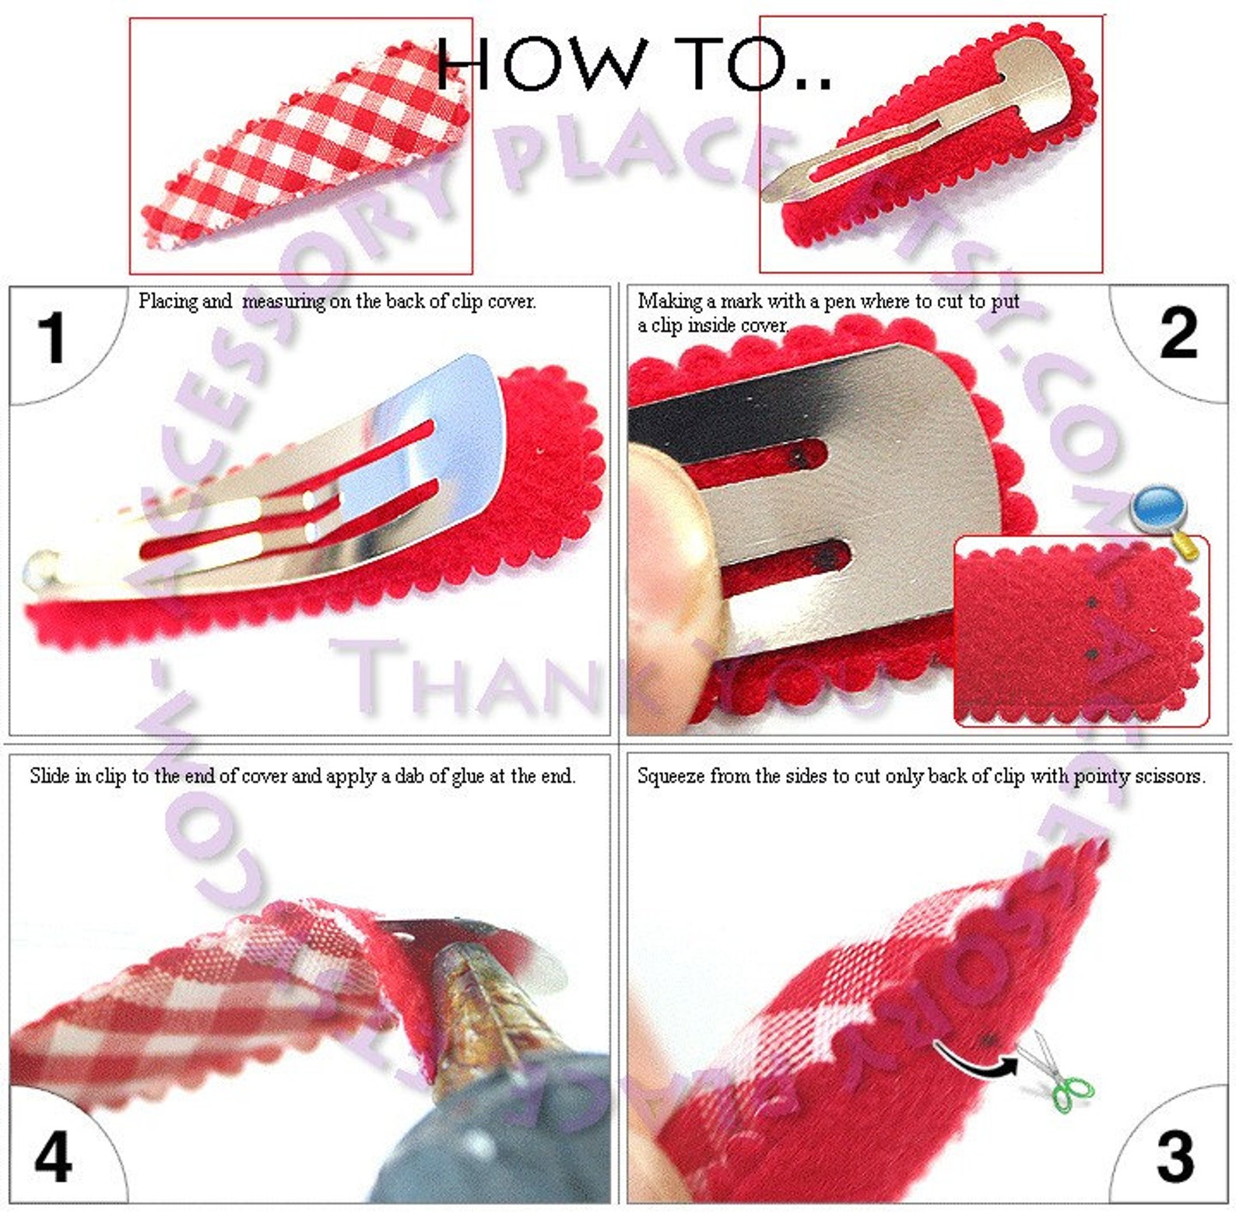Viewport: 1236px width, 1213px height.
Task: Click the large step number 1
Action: (52, 338)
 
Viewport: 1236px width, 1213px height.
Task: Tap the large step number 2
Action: (1178, 333)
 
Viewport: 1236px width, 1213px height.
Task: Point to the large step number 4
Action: (53, 1157)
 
